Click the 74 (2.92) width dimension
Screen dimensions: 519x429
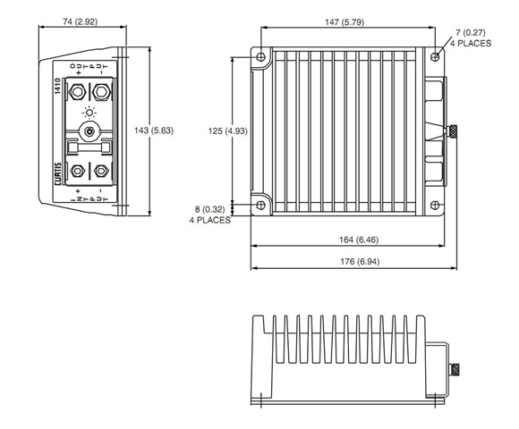pos(81,21)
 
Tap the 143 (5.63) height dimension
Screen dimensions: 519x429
pos(154,130)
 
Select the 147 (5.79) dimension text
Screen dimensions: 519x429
pos(345,22)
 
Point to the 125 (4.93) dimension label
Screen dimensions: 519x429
pos(227,131)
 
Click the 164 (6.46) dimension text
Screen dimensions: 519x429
pos(359,240)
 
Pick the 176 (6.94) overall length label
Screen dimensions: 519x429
pos(360,262)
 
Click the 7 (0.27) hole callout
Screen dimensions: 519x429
pos(471,38)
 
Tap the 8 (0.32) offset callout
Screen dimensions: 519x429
pos(210,214)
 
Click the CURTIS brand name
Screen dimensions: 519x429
pos(58,174)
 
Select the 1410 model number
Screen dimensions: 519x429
pos(57,87)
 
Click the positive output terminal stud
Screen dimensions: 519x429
pos(78,91)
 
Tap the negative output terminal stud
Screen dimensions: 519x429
pos(101,91)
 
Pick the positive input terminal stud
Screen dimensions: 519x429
pos(78,171)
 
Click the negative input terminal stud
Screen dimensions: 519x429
pos(101,171)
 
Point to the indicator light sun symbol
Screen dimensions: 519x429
pos(89,113)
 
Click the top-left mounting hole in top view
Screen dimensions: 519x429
pos(260,57)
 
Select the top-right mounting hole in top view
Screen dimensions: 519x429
pos(435,57)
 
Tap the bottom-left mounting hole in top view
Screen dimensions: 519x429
pos(260,206)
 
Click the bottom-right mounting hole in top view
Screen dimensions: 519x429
pos(435,206)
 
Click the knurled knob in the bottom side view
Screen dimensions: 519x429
pos(455,369)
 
